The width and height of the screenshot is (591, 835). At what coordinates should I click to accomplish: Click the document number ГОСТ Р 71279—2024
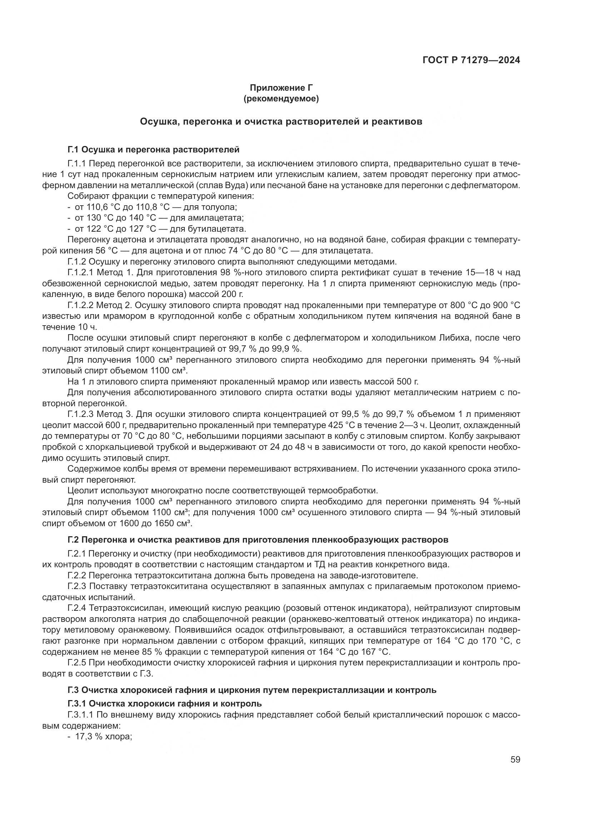471,60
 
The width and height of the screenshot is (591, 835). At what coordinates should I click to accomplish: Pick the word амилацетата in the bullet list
219,218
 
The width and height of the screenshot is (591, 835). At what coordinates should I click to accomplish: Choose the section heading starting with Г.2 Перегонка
258,540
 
